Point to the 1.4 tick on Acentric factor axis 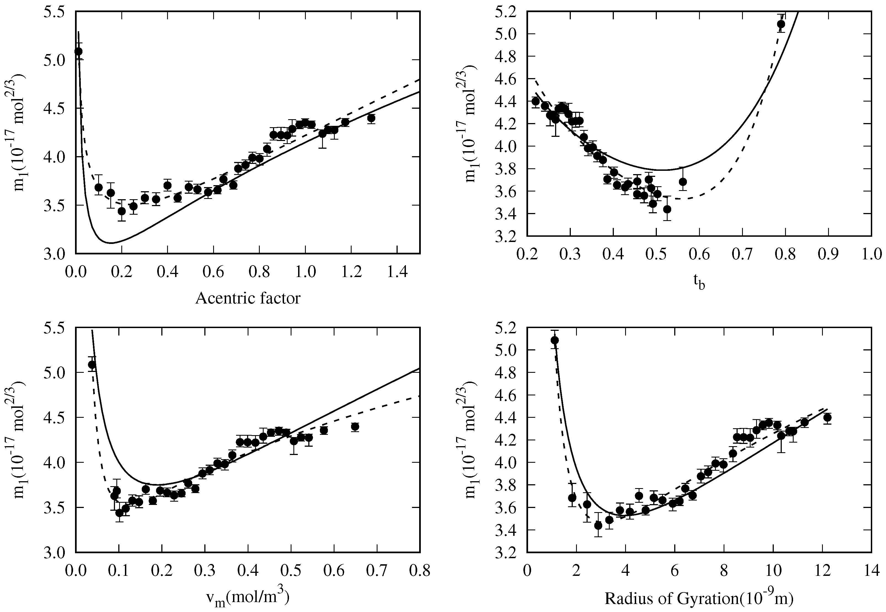pos(397,273)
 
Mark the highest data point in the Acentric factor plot pos(79,51)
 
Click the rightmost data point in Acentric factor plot pos(371,118)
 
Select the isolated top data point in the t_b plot pos(781,25)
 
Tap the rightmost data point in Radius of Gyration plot pos(827,417)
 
